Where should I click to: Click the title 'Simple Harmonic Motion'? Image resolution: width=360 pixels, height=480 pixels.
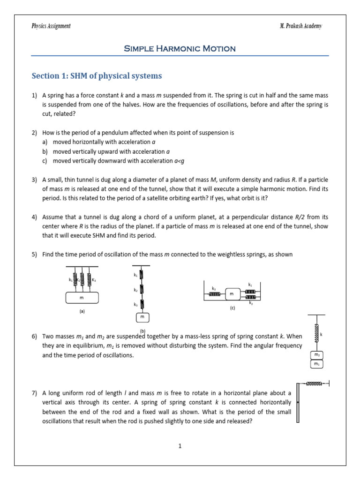[x=180, y=48]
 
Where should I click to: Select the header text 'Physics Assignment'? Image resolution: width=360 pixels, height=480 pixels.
[x=51, y=26]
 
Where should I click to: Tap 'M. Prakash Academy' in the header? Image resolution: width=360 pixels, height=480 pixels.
[x=300, y=26]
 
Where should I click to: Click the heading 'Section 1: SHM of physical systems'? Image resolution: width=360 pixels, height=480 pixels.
[x=97, y=76]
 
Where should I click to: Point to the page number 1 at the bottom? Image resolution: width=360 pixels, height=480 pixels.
[x=180, y=446]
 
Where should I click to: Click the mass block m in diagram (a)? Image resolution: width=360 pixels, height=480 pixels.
[x=82, y=298]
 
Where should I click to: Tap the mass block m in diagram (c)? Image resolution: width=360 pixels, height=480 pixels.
[x=232, y=294]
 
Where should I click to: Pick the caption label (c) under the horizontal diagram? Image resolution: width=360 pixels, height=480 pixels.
[x=232, y=308]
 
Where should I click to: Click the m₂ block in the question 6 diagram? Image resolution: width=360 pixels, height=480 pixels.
[x=317, y=355]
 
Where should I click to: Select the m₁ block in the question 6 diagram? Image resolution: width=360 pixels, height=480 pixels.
[x=317, y=364]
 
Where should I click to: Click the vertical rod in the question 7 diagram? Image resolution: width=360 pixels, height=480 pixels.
[x=299, y=403]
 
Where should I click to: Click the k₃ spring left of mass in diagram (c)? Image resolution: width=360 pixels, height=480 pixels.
[x=214, y=294]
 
